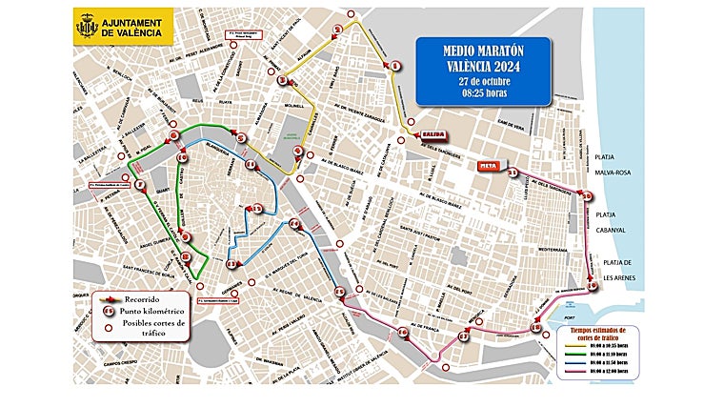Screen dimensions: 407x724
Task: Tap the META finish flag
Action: point(489,166)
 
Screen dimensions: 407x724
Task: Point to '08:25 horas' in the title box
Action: point(484,92)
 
